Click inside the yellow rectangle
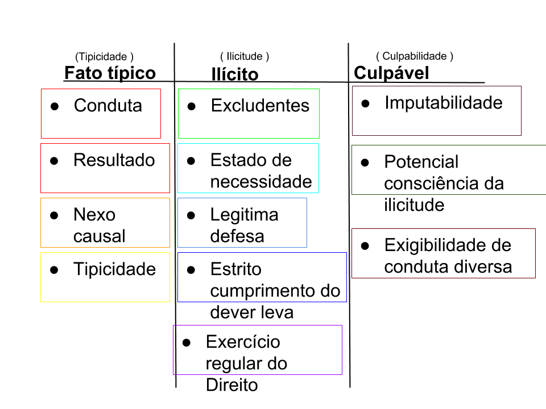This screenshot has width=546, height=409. pyautogui.click(x=105, y=277)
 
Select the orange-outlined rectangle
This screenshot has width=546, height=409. pyautogui.click(x=105, y=223)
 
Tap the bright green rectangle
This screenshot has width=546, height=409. pyautogui.click(x=249, y=114)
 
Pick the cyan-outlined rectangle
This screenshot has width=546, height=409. pyautogui.click(x=248, y=168)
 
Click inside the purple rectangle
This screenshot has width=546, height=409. pyautogui.click(x=258, y=350)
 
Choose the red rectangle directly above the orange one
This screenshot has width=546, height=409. pyautogui.click(x=105, y=168)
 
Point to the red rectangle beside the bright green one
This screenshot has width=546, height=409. pyautogui.click(x=101, y=114)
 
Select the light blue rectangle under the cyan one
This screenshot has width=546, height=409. pyautogui.click(x=242, y=223)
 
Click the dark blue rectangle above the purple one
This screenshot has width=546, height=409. pyautogui.click(x=262, y=277)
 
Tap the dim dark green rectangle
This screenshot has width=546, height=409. pyautogui.click(x=449, y=170)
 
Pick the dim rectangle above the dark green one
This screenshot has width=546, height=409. pyautogui.click(x=437, y=111)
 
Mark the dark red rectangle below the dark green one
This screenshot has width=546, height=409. pyautogui.click(x=444, y=253)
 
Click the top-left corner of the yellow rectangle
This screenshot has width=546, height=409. pyautogui.click(x=40, y=252)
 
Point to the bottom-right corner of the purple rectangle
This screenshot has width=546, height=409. pyautogui.click(x=342, y=374)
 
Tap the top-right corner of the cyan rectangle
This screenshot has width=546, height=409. pyautogui.click(x=318, y=143)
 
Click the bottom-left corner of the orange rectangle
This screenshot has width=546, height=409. pyautogui.click(x=40, y=247)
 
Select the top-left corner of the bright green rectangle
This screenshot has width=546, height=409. pyautogui.click(x=178, y=89)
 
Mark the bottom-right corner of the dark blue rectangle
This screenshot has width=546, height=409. pyautogui.click(x=346, y=302)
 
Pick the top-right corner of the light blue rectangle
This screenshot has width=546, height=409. pyautogui.click(x=307, y=198)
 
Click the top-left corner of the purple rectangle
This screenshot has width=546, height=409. pyautogui.click(x=173, y=325)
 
